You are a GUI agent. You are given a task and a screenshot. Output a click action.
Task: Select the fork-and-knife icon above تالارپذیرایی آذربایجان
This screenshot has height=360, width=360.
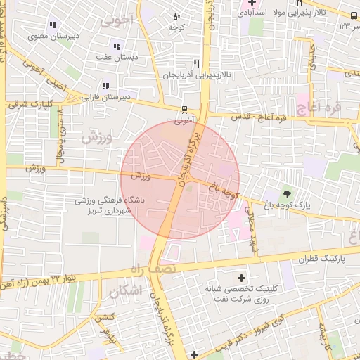click(205, 63)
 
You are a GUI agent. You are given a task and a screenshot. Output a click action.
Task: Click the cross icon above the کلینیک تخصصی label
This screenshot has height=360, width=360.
click(243, 278)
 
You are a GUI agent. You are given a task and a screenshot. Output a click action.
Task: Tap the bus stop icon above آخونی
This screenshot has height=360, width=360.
click(184, 110)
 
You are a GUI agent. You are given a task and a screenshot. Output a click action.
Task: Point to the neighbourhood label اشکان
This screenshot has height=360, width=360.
click(126, 290)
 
